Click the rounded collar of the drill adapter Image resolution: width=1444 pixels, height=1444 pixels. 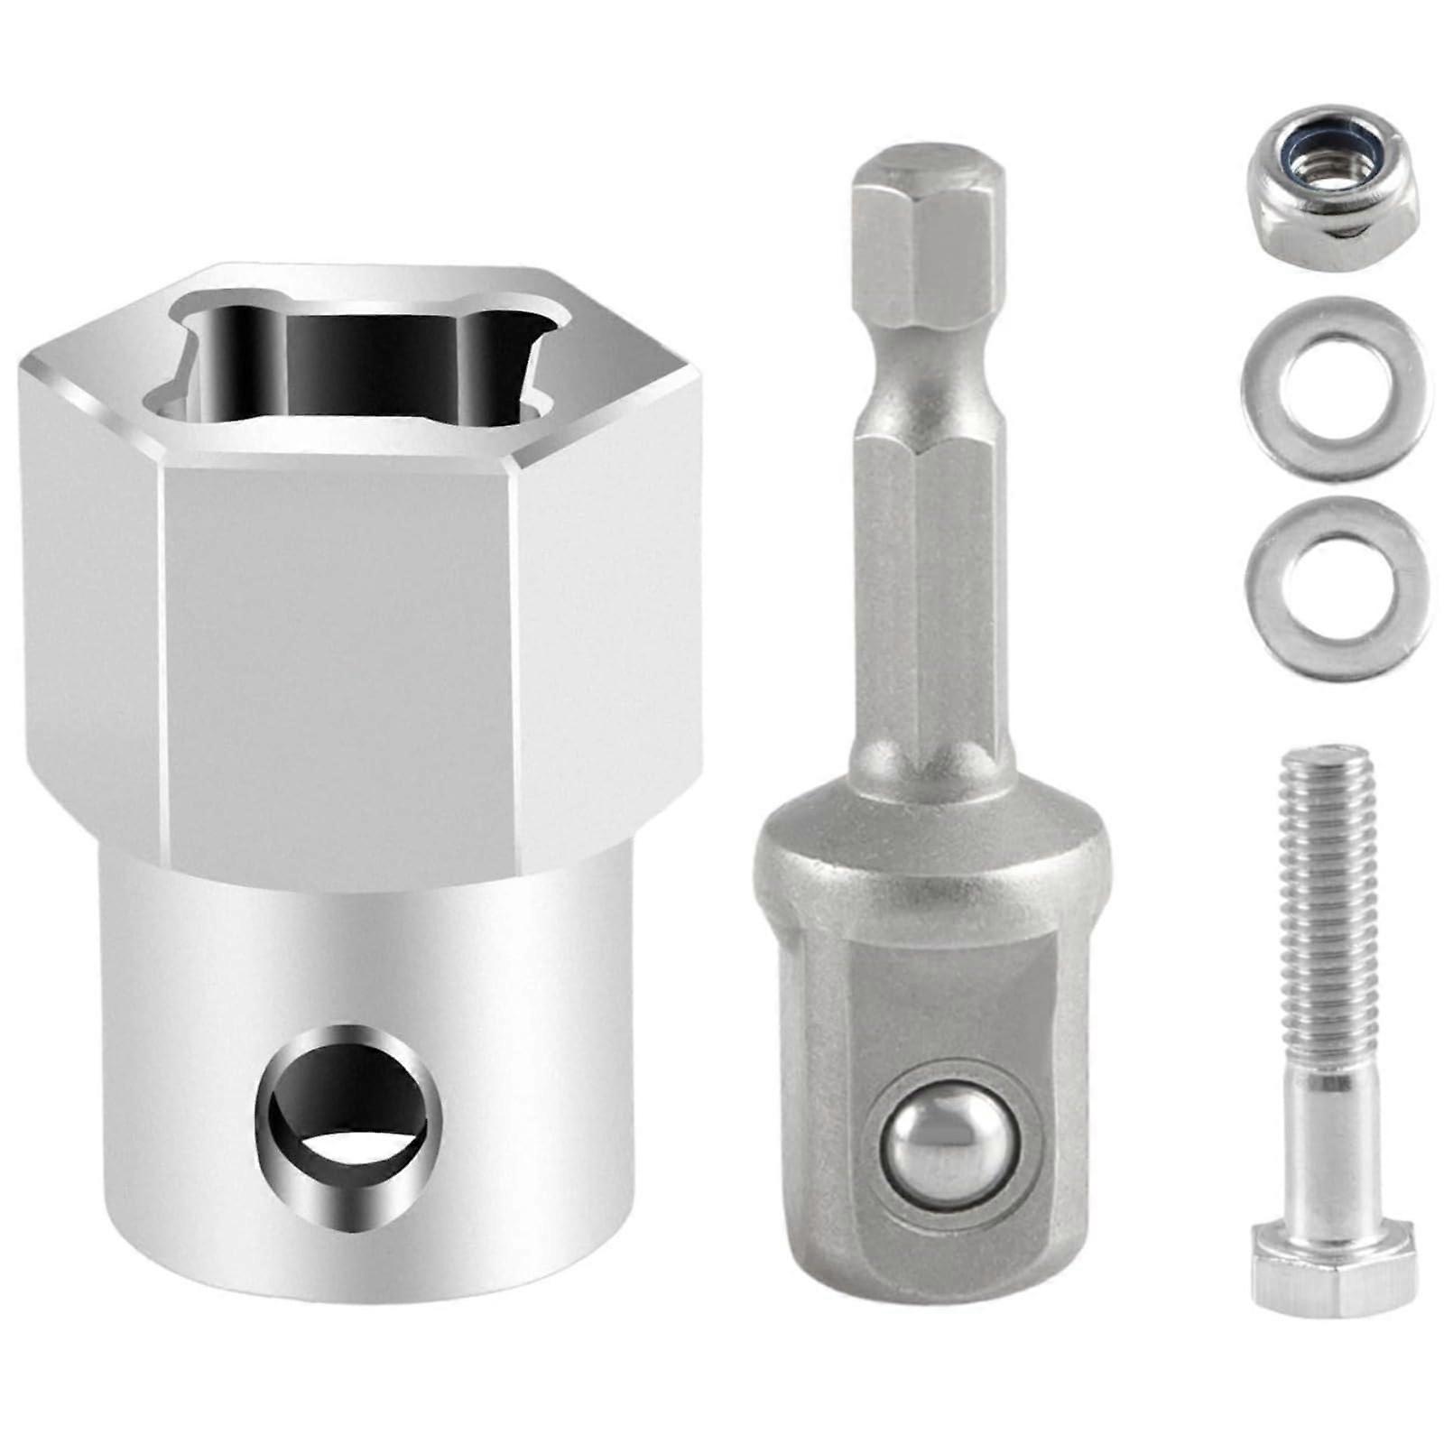click(930, 848)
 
